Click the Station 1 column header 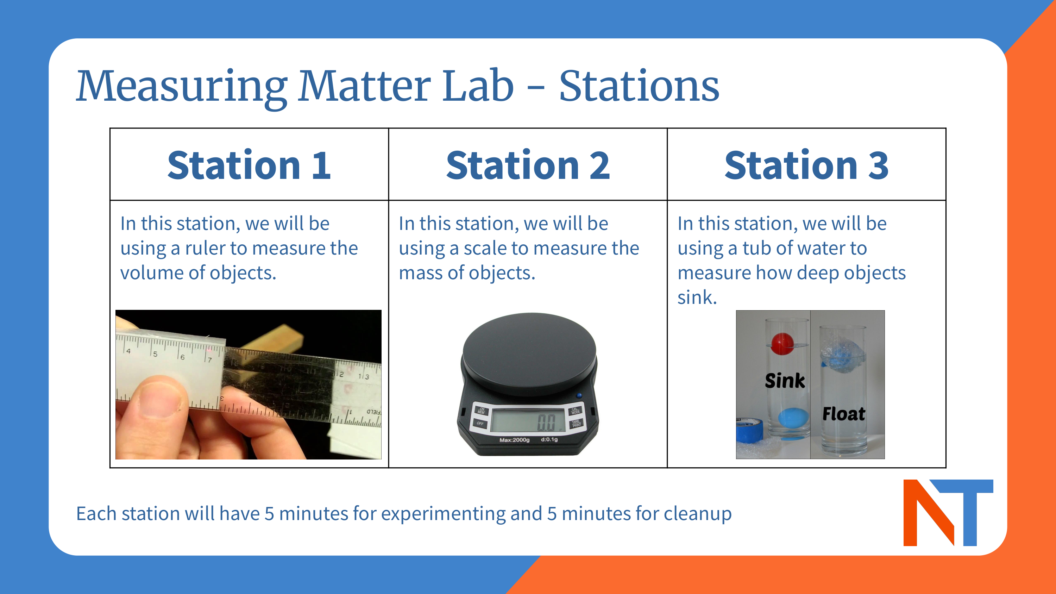click(x=249, y=165)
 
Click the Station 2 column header click(x=528, y=165)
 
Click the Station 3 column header click(x=806, y=165)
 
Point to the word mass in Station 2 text click(x=420, y=273)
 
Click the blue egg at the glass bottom click(x=793, y=419)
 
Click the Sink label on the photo click(x=785, y=381)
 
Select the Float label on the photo click(x=844, y=414)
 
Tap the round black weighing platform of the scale click(x=529, y=352)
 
